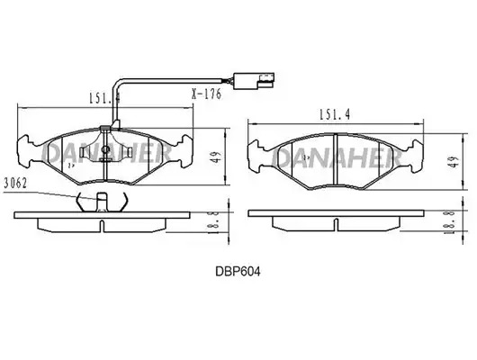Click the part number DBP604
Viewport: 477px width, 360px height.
point(238,272)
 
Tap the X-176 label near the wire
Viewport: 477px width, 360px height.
point(207,94)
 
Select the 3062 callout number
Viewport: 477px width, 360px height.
point(16,184)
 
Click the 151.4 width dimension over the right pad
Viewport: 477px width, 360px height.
point(335,114)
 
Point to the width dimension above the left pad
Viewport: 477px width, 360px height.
point(103,98)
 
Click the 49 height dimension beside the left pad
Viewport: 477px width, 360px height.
point(216,157)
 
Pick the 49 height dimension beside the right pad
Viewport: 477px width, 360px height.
point(454,161)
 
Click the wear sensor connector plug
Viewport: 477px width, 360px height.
point(254,81)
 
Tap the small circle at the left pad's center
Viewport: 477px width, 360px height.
point(105,149)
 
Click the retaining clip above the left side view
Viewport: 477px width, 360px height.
point(102,202)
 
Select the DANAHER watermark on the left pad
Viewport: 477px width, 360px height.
point(106,153)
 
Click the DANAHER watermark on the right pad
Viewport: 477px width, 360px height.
point(337,158)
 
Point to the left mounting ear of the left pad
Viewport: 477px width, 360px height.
point(25,151)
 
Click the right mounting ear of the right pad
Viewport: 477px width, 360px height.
point(416,156)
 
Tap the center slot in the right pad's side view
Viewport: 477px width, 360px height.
point(337,224)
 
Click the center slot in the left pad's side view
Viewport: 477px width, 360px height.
point(103,226)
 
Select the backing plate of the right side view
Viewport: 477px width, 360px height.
point(337,213)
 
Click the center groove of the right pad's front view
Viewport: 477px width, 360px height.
point(336,159)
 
